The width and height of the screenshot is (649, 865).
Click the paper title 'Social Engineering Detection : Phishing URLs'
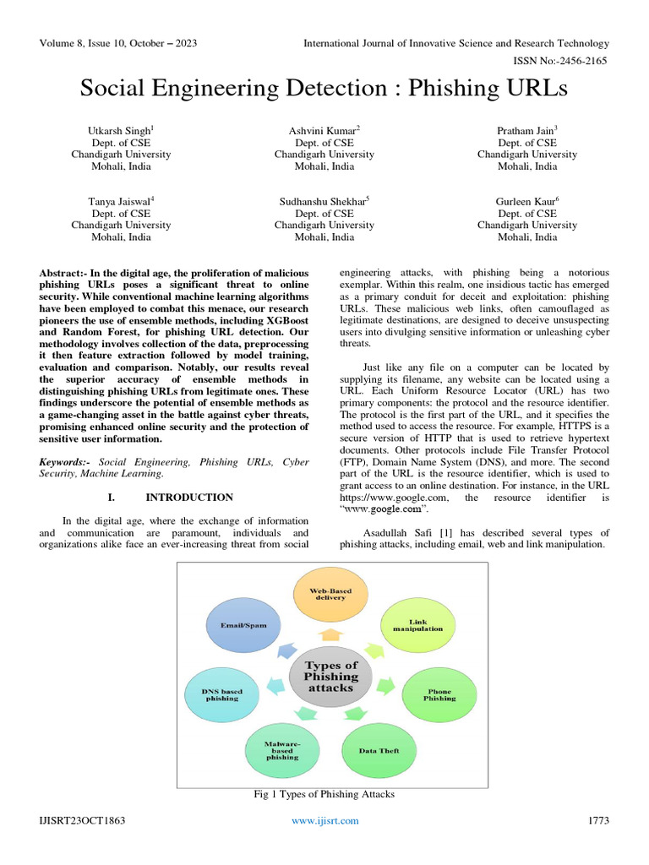[x=324, y=88]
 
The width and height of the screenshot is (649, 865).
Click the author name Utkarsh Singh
[x=120, y=130]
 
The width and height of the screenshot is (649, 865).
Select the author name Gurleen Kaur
[x=526, y=201]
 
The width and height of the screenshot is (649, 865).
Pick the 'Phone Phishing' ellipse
[x=439, y=695]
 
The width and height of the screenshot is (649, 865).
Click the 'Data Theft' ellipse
[x=378, y=750]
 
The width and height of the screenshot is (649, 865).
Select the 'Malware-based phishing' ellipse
[x=282, y=750]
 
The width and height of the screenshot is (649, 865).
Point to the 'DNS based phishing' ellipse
[x=221, y=694]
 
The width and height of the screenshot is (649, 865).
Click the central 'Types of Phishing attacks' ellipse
[x=330, y=677]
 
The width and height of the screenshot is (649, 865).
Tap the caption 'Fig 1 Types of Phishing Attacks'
[x=324, y=794]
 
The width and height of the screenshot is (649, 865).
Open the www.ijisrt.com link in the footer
[x=324, y=821]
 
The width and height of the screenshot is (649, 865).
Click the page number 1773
[x=597, y=821]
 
